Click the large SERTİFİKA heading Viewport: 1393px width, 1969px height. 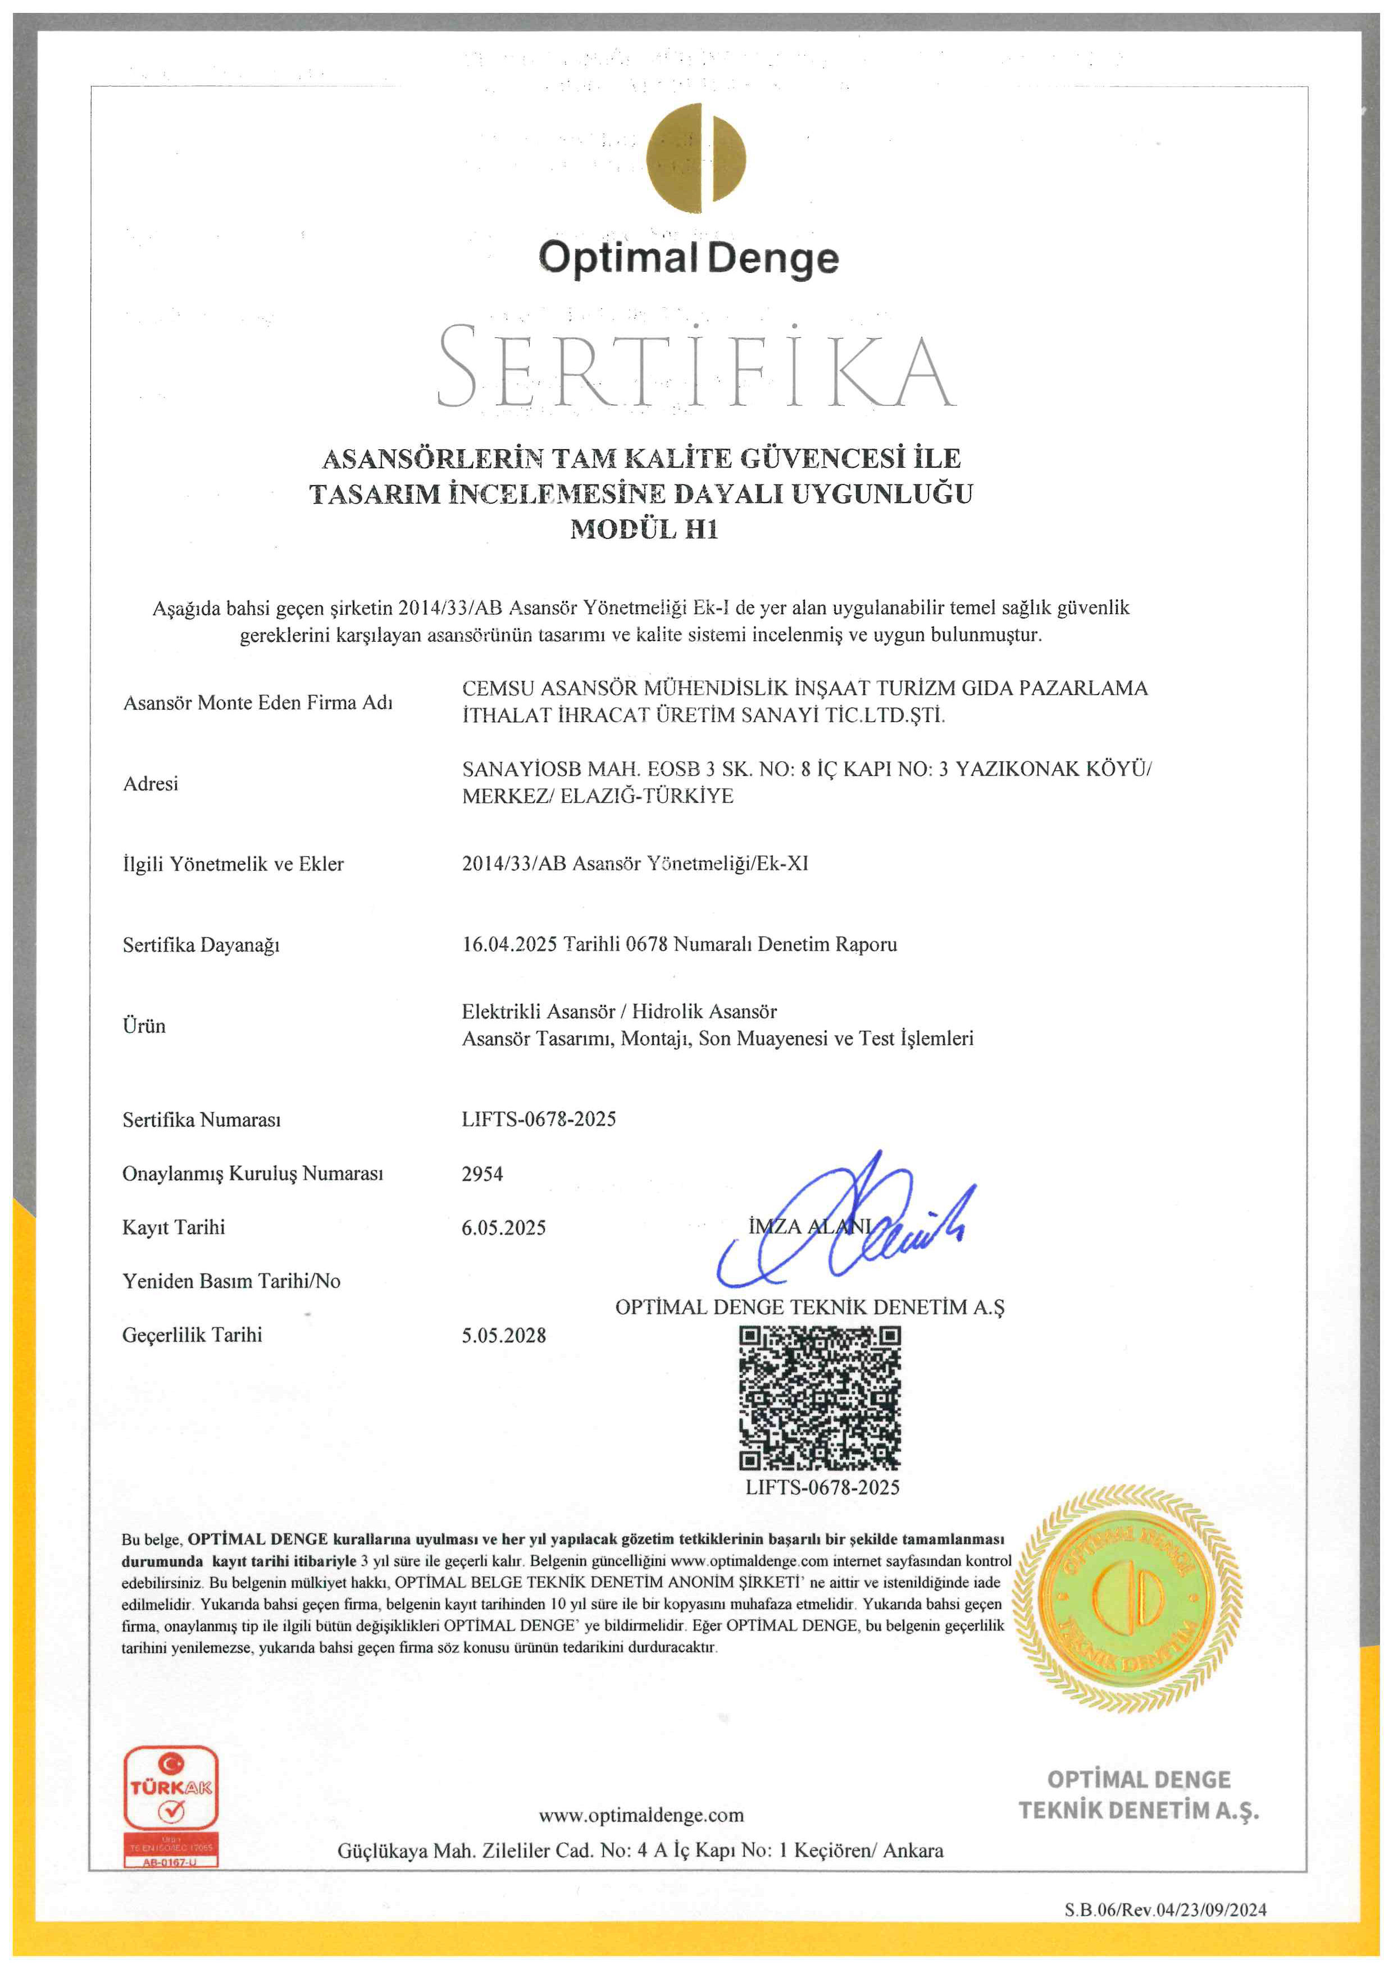coord(695,367)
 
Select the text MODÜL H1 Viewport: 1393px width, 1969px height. coord(644,529)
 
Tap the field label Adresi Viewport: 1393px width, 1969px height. coord(151,783)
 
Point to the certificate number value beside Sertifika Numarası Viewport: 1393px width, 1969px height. coord(539,1118)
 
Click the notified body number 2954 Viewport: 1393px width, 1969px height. coord(482,1173)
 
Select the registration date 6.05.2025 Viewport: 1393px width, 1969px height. coord(503,1227)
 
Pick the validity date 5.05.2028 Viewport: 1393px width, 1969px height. coord(503,1335)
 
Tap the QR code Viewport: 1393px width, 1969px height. coord(820,1399)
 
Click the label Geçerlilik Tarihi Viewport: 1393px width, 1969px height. coord(192,1335)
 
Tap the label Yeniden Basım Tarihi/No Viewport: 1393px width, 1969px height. coord(231,1281)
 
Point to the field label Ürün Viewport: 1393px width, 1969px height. coord(144,1026)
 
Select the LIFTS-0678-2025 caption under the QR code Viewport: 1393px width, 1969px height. coord(822,1488)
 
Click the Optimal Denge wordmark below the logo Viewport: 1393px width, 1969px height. coord(689,258)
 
